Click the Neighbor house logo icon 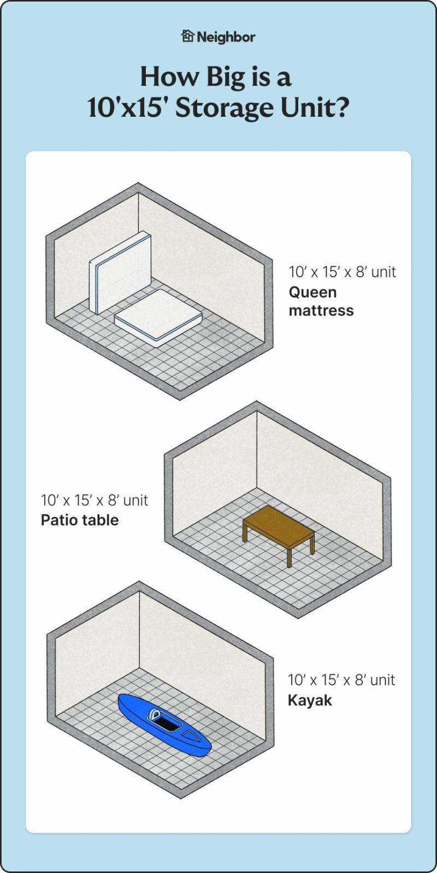(x=187, y=36)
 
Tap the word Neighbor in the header (x=226, y=37)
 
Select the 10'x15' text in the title (x=128, y=107)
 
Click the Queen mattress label (x=321, y=301)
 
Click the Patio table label (x=80, y=520)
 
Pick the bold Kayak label (x=310, y=700)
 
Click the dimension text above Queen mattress (x=342, y=272)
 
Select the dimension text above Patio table (x=95, y=500)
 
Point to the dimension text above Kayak (x=341, y=680)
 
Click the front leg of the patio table (x=290, y=555)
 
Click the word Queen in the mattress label (x=312, y=292)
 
